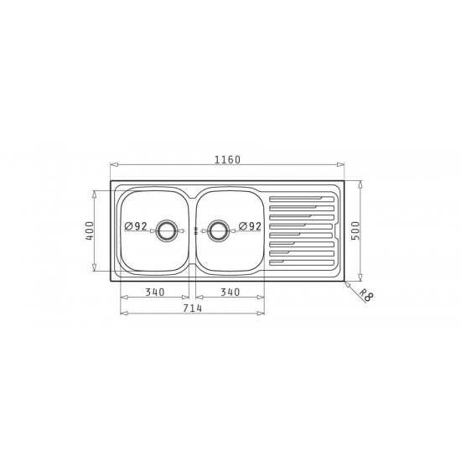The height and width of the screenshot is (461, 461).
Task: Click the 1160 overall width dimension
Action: (x=227, y=159)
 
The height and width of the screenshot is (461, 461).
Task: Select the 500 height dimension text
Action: (x=355, y=230)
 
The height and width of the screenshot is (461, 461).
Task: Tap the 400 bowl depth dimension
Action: (x=90, y=230)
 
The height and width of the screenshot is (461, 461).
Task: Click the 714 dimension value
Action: (x=193, y=308)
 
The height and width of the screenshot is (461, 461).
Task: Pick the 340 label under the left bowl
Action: (x=155, y=293)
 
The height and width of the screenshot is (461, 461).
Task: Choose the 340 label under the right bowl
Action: (x=230, y=293)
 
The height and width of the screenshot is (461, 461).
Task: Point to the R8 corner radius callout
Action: (x=366, y=295)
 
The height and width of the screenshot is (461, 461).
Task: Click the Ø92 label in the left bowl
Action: (x=136, y=226)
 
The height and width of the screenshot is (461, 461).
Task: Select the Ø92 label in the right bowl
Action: (x=250, y=226)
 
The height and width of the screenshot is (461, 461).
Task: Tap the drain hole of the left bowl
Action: (x=167, y=230)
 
